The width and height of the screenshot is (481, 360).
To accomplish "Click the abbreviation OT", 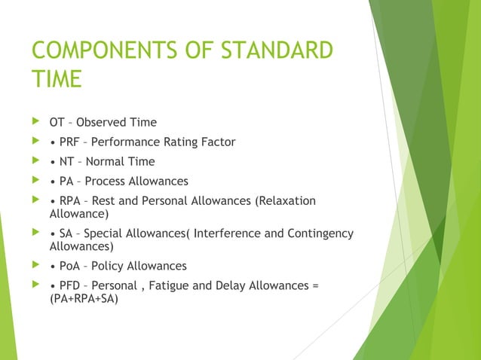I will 57,122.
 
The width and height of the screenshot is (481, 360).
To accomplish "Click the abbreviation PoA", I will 71,266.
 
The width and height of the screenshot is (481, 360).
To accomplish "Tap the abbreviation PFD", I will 72,285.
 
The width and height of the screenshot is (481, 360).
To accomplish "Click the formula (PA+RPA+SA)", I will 84,298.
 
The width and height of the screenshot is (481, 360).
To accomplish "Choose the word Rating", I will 177,142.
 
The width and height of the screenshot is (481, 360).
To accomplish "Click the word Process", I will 108,181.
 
